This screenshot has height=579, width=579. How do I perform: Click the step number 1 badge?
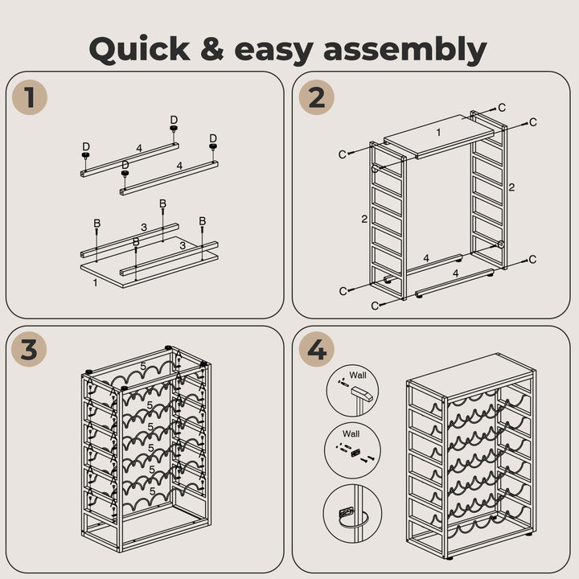coord(30,97)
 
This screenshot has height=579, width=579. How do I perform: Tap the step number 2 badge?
coord(316,97)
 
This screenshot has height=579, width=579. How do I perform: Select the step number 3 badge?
coord(30,350)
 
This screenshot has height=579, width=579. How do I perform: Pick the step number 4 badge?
coord(316,350)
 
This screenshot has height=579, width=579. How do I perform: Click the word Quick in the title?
coord(139,50)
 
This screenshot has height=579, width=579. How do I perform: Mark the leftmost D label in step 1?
coord(86,147)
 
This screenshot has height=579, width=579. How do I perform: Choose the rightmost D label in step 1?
coord(213,139)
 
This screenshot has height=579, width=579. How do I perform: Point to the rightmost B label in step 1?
coord(202,221)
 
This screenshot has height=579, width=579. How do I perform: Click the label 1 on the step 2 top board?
coord(438,132)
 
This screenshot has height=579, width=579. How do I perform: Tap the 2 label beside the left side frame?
coord(363,219)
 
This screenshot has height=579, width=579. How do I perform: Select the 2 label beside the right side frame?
coord(511,187)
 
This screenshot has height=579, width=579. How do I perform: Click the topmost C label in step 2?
coord(502,107)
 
